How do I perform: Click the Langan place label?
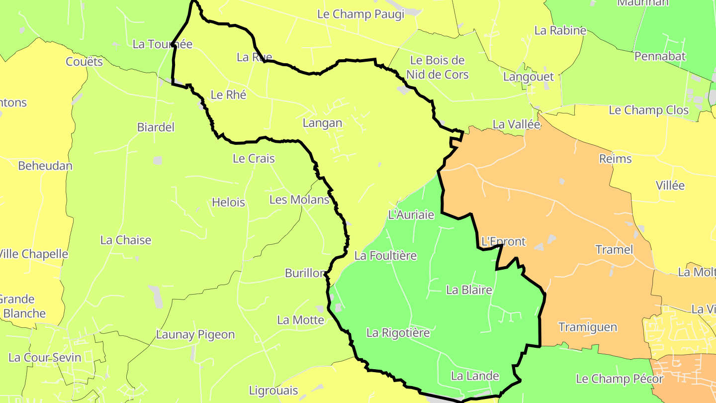(322, 123)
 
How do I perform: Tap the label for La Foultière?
(385, 256)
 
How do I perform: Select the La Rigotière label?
(398, 332)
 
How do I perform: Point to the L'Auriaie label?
(411, 215)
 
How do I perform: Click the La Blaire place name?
(469, 290)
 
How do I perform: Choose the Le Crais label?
(254, 159)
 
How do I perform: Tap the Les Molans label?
(299, 200)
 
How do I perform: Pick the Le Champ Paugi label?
(360, 14)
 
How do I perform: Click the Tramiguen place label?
(588, 327)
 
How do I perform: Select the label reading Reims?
(615, 159)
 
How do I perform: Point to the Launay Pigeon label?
(195, 334)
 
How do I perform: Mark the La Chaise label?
(126, 240)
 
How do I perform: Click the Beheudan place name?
(45, 166)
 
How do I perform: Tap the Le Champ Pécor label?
(619, 379)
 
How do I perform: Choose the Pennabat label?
(660, 56)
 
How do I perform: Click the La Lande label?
(475, 376)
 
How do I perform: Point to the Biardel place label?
(156, 127)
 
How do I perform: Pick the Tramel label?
(614, 249)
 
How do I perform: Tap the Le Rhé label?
(229, 95)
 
